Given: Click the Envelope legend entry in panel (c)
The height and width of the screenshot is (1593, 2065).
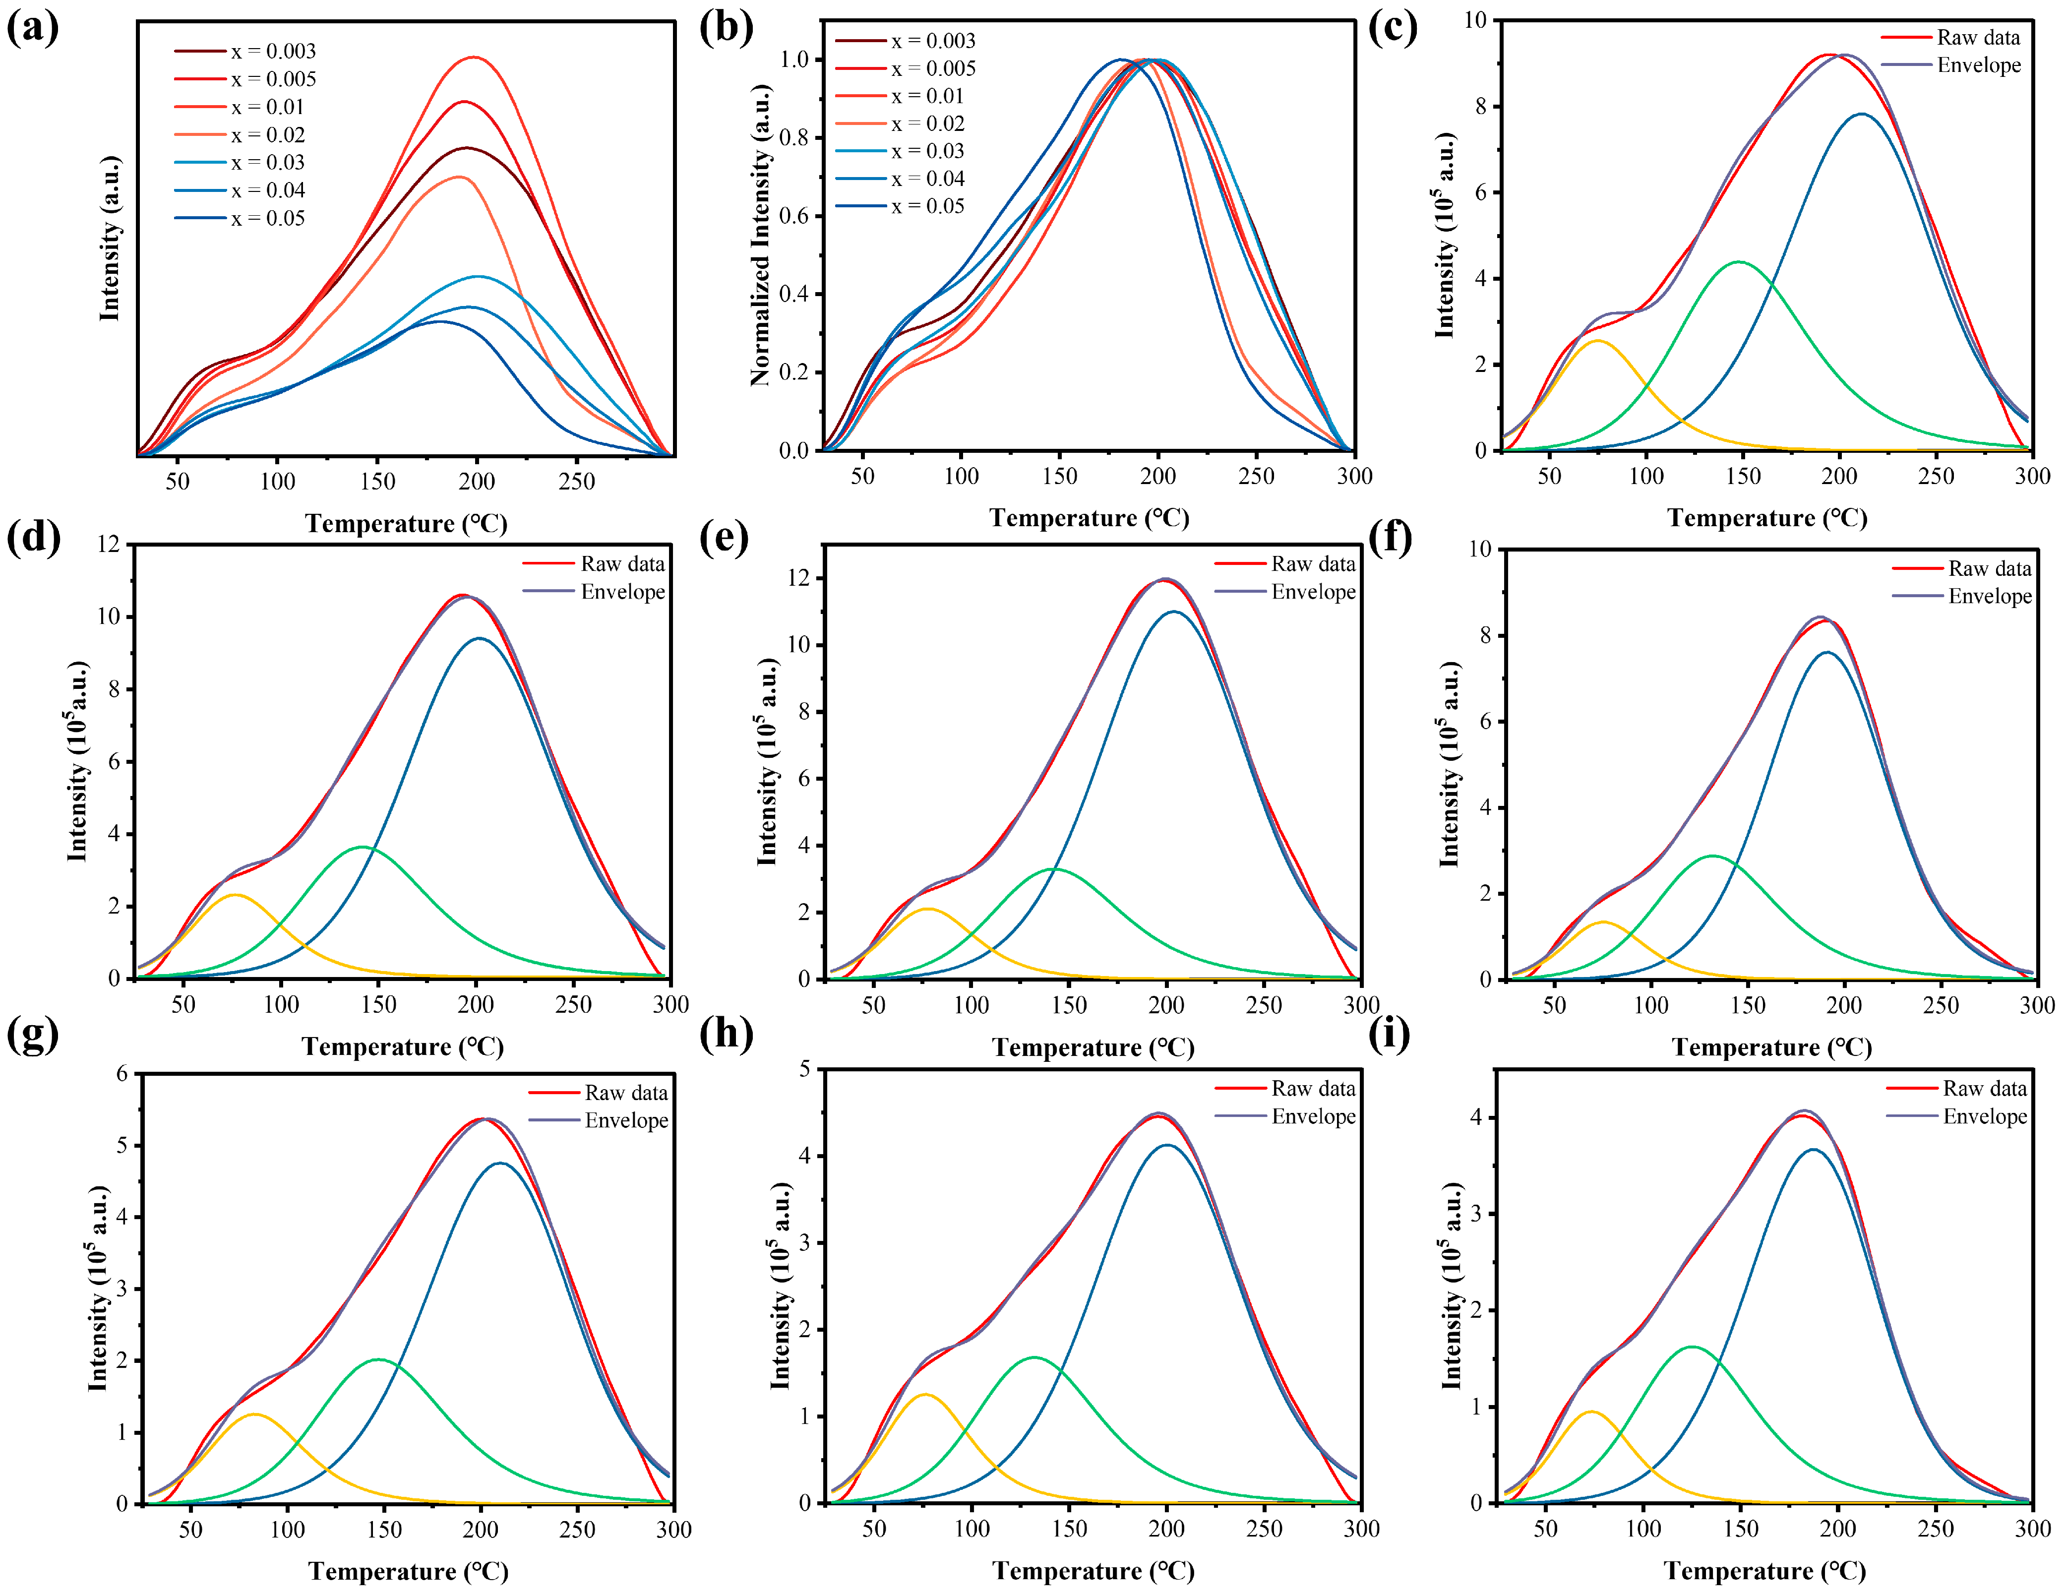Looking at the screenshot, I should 1978,65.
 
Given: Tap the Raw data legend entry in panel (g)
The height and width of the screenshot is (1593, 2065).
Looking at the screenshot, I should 626,1093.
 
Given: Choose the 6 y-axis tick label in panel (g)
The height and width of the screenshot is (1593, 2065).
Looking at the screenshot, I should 122,1073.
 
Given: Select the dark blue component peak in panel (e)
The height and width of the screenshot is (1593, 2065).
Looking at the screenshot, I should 1174,612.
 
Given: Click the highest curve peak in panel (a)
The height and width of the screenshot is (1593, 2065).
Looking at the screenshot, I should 474,58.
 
